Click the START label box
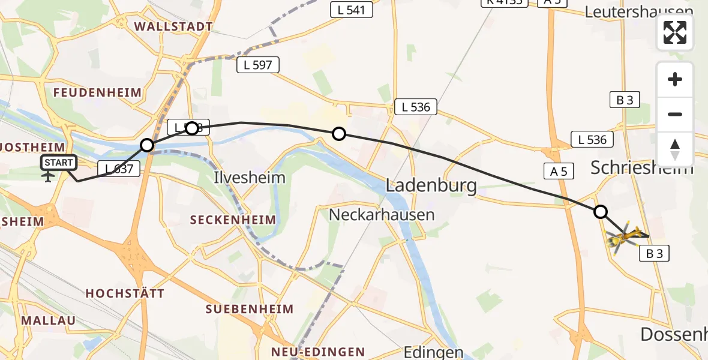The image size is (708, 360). (59, 163)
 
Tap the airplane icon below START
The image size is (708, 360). (48, 176)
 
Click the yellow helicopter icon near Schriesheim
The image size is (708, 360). (624, 236)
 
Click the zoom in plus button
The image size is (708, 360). (675, 80)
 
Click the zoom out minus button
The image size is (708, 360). (675, 114)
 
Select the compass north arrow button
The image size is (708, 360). (675, 149)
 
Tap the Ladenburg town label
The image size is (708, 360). (431, 185)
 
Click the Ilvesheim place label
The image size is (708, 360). (250, 178)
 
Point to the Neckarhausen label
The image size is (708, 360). (382, 214)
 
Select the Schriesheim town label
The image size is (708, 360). (641, 167)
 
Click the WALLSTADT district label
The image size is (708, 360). (174, 26)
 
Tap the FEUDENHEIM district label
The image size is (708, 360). (97, 92)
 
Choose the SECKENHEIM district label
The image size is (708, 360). (233, 220)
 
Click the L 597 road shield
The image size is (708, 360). (258, 65)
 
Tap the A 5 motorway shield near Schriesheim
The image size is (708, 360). (559, 172)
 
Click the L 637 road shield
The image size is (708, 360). (118, 169)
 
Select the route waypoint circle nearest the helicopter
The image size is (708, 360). (600, 211)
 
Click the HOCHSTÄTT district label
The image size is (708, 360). (125, 293)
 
